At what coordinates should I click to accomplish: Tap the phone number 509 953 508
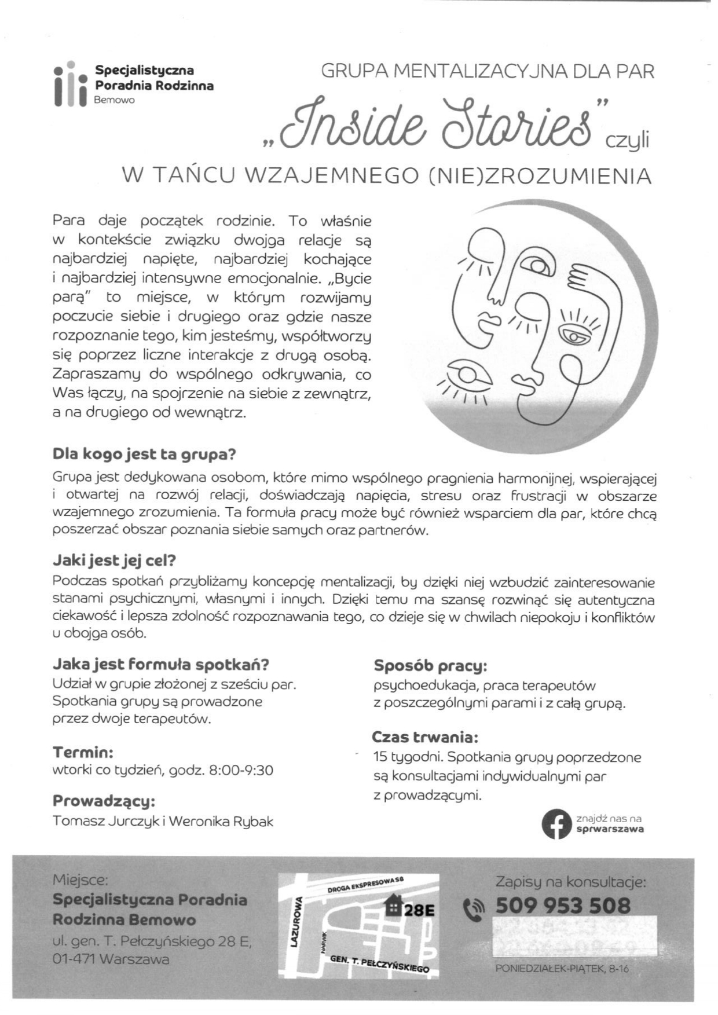pos(563,906)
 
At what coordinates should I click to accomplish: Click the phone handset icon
pos(475,910)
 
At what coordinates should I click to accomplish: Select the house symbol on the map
pos(394,906)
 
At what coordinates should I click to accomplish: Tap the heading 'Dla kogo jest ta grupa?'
pos(144,454)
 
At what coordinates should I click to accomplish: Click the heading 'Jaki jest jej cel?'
pos(114,560)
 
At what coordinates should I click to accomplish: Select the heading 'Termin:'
pos(83,752)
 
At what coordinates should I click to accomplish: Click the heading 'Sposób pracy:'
pos(430,666)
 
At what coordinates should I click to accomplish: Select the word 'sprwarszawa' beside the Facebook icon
pos(610,829)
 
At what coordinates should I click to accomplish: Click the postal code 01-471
pos(74,959)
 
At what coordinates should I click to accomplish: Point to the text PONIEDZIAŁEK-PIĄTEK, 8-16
pos(562,969)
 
